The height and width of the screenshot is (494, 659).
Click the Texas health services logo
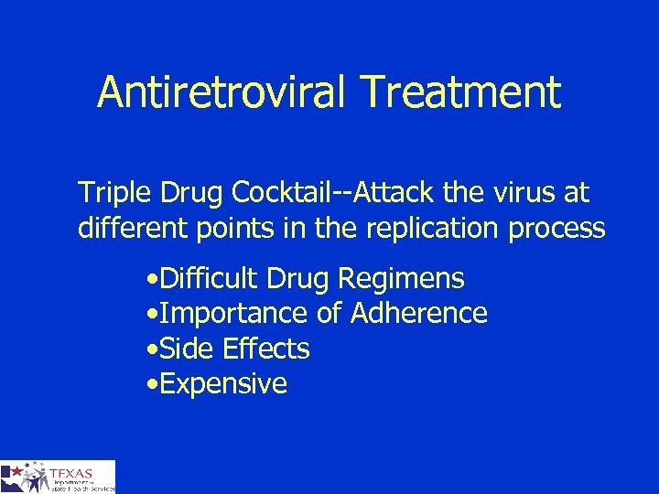click(x=58, y=477)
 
